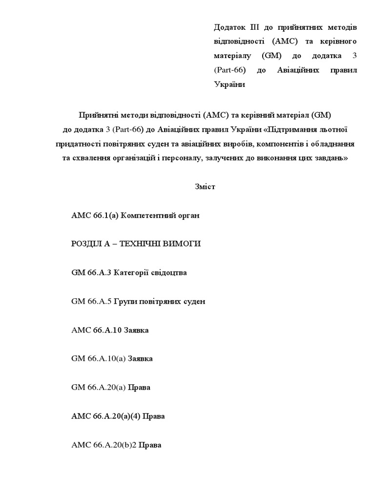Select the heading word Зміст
[x=205, y=187]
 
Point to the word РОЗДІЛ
[x=88, y=244]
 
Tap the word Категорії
[x=132, y=272]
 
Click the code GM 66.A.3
[x=91, y=272]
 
